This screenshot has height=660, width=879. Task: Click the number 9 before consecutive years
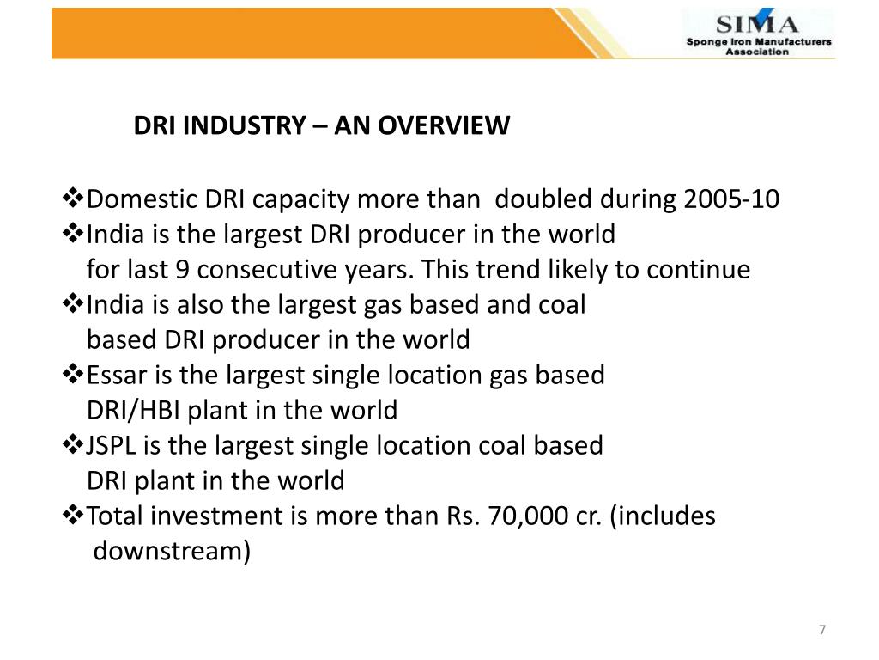tap(181, 270)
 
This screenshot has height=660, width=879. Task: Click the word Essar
tap(113, 375)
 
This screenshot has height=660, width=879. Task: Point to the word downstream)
tap(172, 551)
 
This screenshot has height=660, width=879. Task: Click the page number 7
tap(822, 631)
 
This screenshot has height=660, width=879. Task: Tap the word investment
tap(222, 516)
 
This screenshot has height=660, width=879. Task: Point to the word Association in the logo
tap(757, 52)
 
